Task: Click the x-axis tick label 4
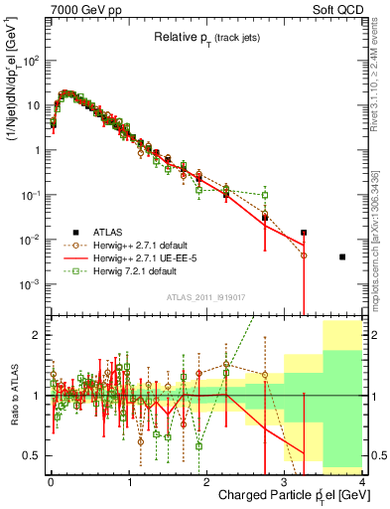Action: coord(362,481)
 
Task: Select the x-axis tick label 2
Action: coord(206,481)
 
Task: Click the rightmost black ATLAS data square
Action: coord(342,257)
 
